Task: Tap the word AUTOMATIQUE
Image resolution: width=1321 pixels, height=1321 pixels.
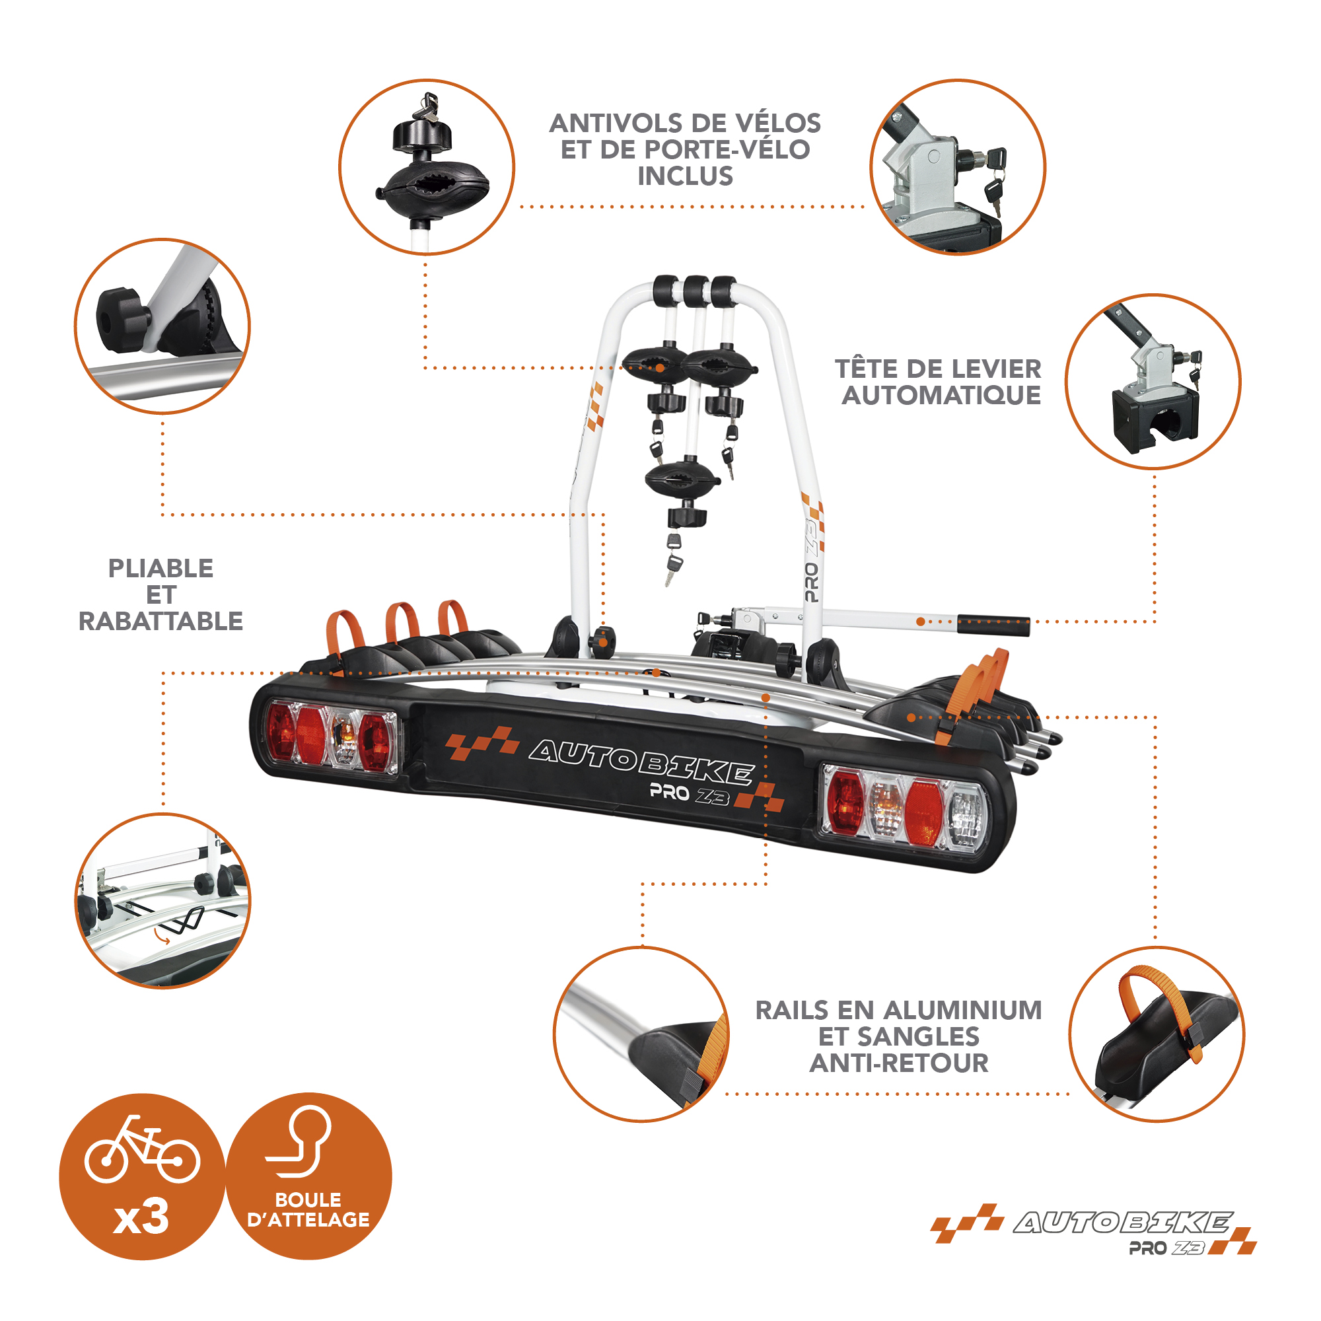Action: pos(941,395)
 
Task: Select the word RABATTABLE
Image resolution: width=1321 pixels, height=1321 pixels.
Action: pos(161,621)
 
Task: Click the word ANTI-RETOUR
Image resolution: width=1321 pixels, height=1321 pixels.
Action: pos(899,1063)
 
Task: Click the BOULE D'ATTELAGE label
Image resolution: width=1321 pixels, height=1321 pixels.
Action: pos(308,1209)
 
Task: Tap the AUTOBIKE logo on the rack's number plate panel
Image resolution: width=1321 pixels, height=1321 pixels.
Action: pos(641,759)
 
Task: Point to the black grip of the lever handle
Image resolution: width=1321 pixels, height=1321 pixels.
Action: pos(993,625)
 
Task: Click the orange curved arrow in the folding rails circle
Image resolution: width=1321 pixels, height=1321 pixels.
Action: pos(162,933)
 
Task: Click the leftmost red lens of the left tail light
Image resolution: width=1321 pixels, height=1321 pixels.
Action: pos(280,731)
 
